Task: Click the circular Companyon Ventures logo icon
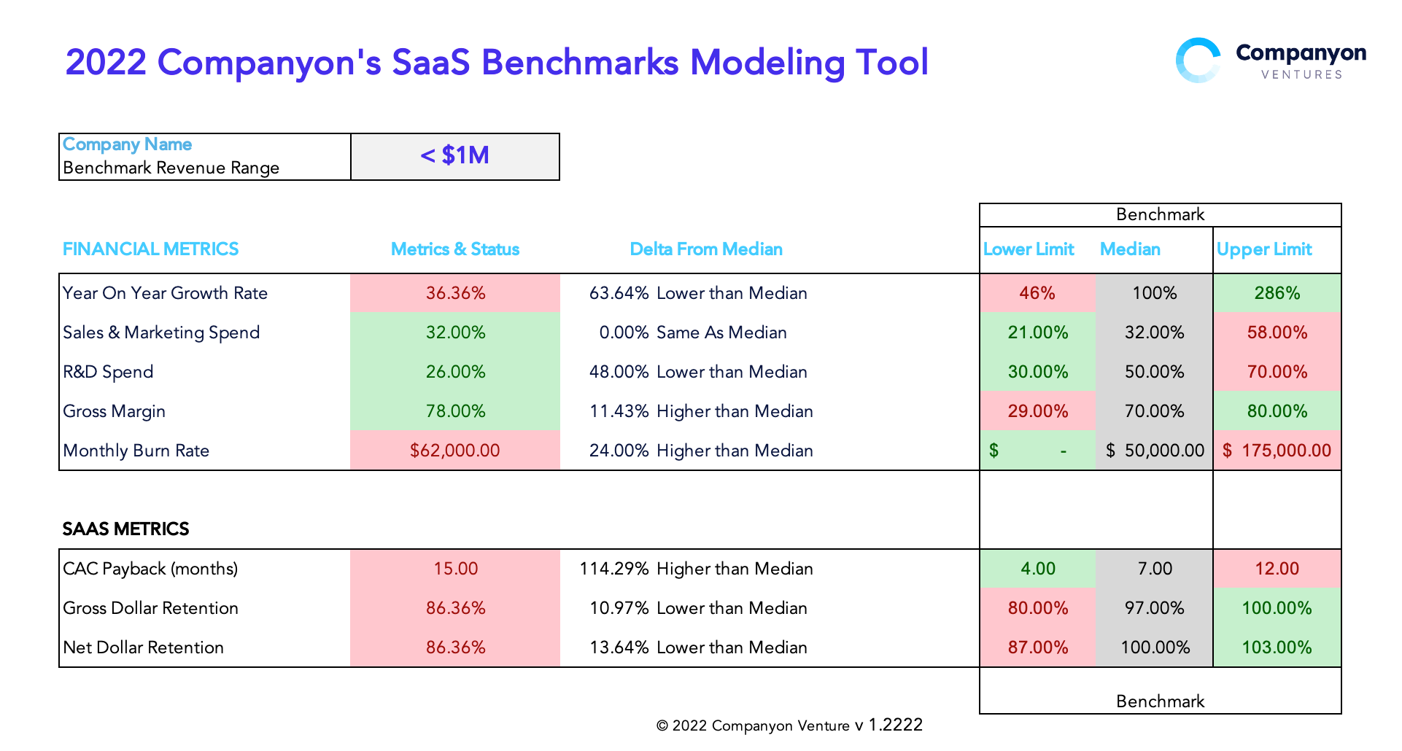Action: coord(1198,61)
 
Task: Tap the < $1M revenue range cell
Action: coord(455,156)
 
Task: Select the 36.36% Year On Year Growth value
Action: coord(455,293)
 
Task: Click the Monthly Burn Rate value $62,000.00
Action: coord(455,451)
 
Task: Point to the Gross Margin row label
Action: coord(115,411)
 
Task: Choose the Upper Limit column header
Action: coord(1264,249)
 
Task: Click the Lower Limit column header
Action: coord(1029,249)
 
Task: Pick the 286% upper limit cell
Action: coord(1277,293)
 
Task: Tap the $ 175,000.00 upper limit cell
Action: coord(1277,451)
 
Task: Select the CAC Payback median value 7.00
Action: coord(1155,569)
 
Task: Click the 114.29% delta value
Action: coord(614,569)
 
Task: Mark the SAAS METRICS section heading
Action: coord(125,529)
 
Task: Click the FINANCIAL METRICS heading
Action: coord(150,249)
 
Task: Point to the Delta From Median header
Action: coord(706,249)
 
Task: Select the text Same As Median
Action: coord(721,332)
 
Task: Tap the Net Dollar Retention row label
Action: coord(144,647)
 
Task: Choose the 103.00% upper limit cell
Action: coord(1277,647)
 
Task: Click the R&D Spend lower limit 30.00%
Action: coord(1037,372)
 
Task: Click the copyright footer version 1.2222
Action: coord(895,725)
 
